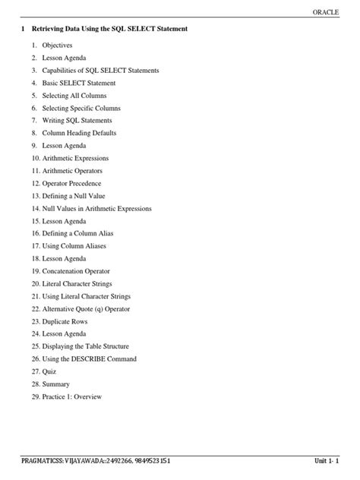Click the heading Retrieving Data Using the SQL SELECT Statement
(109, 29)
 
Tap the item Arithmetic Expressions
(81, 158)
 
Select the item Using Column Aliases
(80, 246)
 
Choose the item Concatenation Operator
(82, 271)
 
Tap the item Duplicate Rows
(70, 321)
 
